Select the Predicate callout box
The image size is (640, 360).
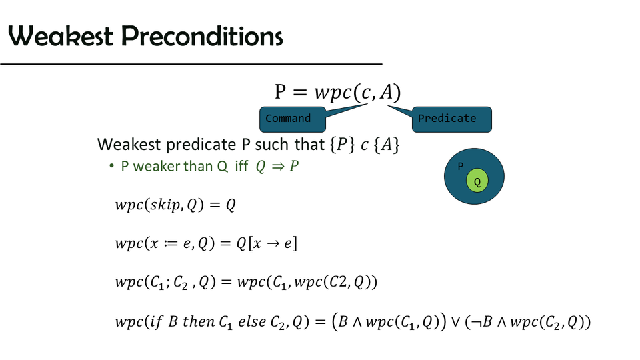[452, 119]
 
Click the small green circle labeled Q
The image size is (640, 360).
[477, 181]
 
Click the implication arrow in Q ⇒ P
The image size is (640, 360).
[274, 167]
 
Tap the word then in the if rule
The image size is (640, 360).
[198, 322]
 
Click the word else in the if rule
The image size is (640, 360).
[252, 322]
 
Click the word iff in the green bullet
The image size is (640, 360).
[241, 167]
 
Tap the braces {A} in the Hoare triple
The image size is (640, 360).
[386, 145]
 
